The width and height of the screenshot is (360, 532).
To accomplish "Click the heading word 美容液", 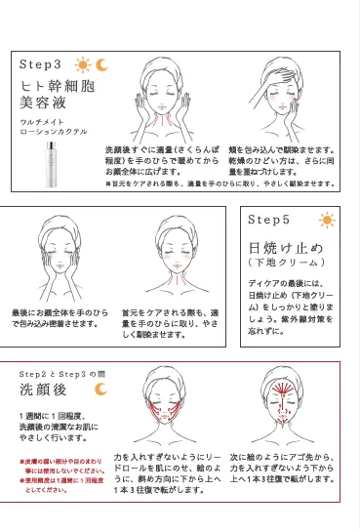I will click(44, 102).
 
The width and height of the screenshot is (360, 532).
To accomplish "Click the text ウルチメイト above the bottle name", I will click(40, 120).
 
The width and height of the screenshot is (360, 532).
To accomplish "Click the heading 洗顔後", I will click(46, 393).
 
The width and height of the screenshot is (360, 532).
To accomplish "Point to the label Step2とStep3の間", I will click(58, 374).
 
